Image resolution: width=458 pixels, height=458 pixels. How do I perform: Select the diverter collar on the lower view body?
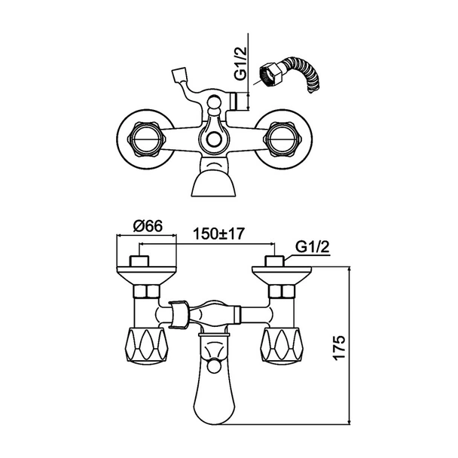click(x=177, y=313)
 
